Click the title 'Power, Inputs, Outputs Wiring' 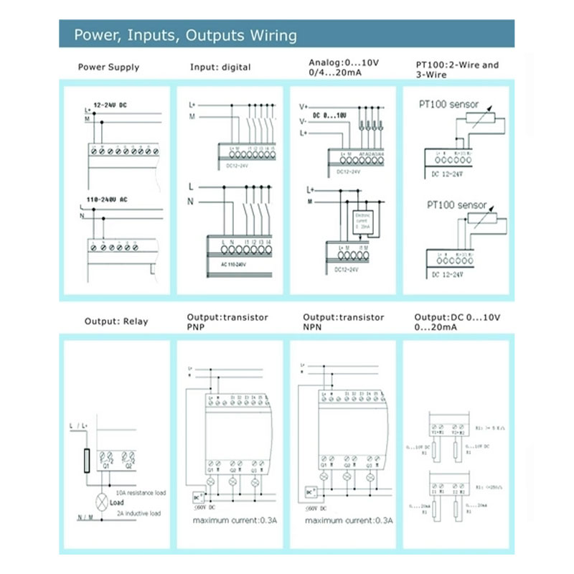click(x=186, y=35)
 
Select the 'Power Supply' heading click(x=108, y=67)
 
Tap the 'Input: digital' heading click(x=220, y=67)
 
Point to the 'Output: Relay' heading click(x=116, y=321)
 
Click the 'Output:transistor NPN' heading click(x=343, y=321)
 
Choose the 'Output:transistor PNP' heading click(x=227, y=321)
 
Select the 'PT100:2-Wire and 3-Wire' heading click(x=457, y=70)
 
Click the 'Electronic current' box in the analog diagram click(x=361, y=222)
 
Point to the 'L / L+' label click(x=77, y=427)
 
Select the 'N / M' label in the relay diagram click(x=85, y=517)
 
